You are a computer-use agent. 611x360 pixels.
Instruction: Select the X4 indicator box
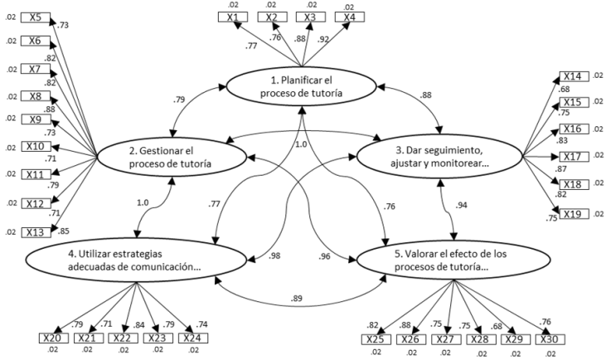(348, 17)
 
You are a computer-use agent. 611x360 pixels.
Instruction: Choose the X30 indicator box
(550, 338)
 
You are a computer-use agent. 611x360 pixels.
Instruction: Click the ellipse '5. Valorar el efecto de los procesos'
(454, 261)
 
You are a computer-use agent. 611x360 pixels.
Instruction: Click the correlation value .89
(296, 298)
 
